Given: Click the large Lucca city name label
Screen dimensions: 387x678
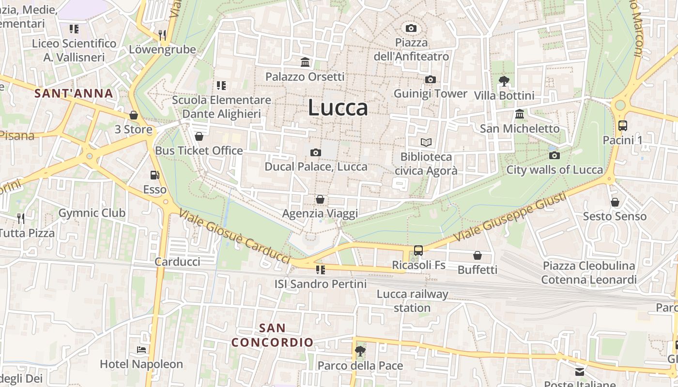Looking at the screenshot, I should (338, 107).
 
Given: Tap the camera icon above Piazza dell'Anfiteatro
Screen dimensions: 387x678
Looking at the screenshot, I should (411, 28).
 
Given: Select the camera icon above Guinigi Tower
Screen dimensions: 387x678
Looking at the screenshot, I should (430, 79).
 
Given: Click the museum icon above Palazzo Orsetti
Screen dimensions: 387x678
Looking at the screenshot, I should (305, 62).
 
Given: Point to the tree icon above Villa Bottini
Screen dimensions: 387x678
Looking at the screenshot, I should (504, 81).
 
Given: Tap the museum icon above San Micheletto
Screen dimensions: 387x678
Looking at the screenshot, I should (520, 114).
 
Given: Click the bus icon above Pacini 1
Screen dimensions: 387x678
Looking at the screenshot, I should (622, 126).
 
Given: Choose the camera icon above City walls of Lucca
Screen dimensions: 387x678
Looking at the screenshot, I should (555, 155).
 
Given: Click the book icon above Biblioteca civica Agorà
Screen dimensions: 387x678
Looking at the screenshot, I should (426, 142).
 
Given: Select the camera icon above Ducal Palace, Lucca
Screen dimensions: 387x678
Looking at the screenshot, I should (315, 153).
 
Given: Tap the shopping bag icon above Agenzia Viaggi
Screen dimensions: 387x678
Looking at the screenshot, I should (320, 199).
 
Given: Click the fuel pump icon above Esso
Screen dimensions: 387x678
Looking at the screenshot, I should (154, 175).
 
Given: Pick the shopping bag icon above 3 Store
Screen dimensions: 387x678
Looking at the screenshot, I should (133, 115).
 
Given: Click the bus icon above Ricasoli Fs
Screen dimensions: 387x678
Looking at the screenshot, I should (418, 251).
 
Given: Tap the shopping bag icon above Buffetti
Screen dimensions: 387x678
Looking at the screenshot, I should (478, 255).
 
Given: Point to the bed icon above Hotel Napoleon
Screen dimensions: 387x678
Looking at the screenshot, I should (141, 349).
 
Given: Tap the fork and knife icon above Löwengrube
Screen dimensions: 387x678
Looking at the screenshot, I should (162, 35).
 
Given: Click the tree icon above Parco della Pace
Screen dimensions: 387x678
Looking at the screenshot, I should (360, 351).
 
